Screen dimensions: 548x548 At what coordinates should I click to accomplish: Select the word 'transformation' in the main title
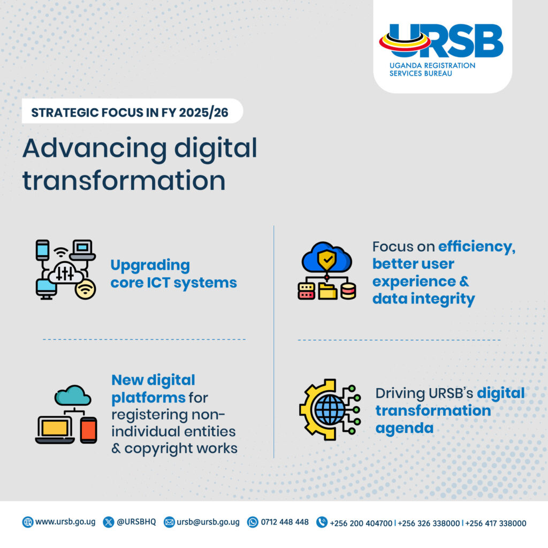click(124, 180)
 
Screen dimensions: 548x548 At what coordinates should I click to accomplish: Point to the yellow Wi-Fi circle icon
click(85, 289)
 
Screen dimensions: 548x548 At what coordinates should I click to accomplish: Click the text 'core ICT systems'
click(173, 283)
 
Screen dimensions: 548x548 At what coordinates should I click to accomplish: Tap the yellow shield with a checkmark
click(326, 260)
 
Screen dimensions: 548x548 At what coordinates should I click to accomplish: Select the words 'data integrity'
click(423, 299)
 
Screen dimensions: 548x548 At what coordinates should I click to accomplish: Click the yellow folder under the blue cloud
click(327, 291)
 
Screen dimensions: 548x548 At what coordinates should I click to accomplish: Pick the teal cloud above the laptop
click(73, 395)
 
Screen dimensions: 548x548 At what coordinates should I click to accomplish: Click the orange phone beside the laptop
click(88, 430)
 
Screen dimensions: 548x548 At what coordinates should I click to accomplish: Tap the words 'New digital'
click(153, 380)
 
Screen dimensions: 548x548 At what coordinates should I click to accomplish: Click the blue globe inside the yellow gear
click(330, 410)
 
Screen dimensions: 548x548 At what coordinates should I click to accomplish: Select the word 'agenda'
click(404, 428)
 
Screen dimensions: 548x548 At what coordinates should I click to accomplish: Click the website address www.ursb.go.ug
click(65, 522)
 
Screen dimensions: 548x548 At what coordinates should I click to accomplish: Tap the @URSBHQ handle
click(136, 522)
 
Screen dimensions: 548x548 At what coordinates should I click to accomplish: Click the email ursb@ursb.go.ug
click(208, 522)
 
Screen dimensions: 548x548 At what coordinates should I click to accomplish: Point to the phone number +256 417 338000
click(496, 523)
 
